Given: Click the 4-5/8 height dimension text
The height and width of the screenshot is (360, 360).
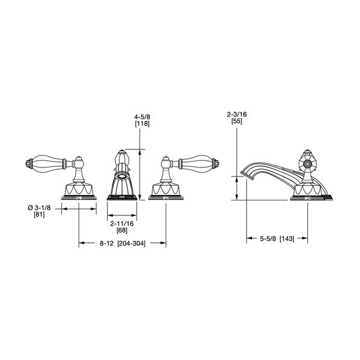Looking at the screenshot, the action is [142, 117].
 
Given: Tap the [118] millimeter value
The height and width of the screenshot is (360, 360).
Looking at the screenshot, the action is [142, 124].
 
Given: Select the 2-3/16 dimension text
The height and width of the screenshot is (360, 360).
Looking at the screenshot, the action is [237, 115].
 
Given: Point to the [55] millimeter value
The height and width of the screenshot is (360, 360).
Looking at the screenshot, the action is [237, 121].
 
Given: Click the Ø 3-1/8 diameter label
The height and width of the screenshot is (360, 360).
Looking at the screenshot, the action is [39, 208].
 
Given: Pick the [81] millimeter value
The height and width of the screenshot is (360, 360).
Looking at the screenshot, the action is [39, 215].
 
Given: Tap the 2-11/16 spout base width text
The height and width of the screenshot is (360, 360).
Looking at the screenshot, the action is [122, 223].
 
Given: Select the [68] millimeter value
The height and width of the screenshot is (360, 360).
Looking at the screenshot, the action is [122, 230].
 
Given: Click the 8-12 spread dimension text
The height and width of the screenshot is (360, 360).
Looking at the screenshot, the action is [107, 244].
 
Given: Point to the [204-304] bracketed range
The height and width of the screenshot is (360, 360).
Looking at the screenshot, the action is [131, 244].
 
